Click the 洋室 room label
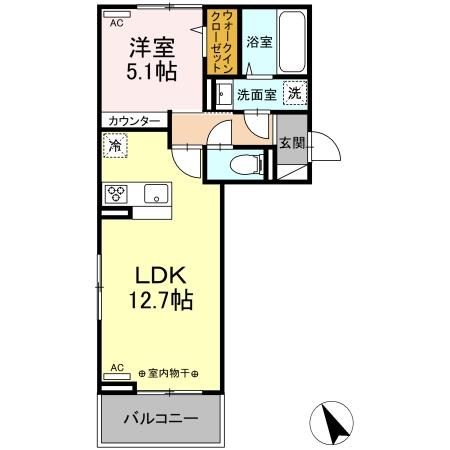153,45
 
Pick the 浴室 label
259,42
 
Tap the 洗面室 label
256,95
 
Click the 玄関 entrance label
292,141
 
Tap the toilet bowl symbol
241,165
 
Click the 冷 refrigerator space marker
115,146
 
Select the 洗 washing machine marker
294,93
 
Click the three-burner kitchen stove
115,194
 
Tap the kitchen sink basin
156,193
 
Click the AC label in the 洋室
117,21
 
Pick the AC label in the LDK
117,367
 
